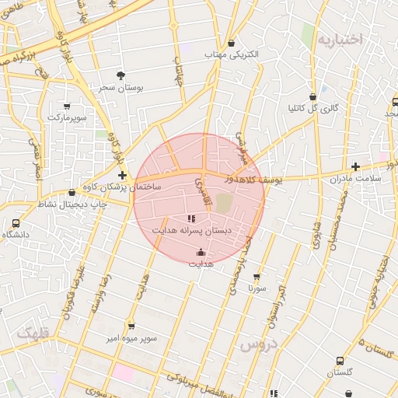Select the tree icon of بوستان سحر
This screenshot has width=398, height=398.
coord(120,75)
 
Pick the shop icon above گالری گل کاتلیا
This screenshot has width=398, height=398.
coord(312,96)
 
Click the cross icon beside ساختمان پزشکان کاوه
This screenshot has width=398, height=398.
coord(123,176)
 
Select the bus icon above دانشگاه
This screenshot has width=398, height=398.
coord(16,222)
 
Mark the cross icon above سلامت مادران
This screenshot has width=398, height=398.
coord(355,166)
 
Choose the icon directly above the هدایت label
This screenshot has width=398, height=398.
coord(201,252)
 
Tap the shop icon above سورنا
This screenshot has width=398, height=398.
coord(257,276)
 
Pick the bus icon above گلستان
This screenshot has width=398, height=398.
coord(340,361)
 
